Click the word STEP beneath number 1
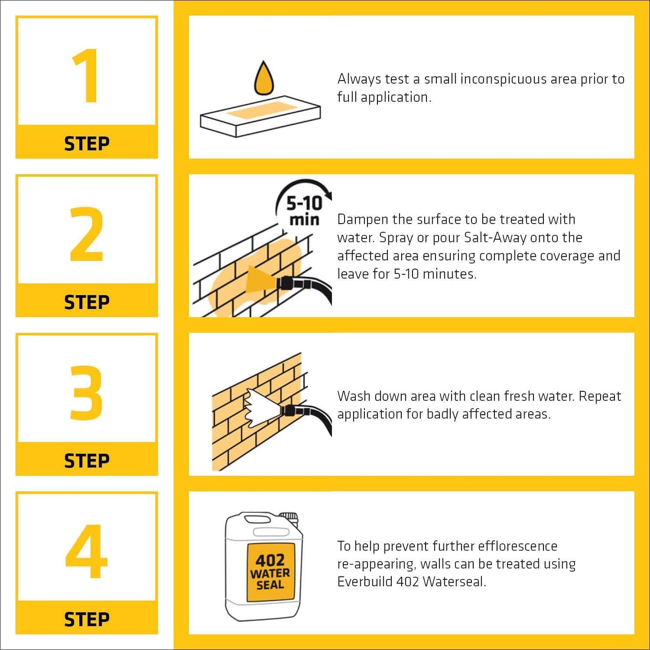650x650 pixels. [x=86, y=144]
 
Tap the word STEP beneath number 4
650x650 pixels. [x=86, y=619]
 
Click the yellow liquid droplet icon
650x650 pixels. [x=264, y=79]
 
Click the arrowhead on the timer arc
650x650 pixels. [x=328, y=195]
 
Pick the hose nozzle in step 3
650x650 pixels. [x=288, y=410]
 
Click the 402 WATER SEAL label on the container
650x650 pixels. [x=270, y=572]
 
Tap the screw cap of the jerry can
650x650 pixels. [x=288, y=518]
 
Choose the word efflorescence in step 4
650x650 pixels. [x=517, y=546]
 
